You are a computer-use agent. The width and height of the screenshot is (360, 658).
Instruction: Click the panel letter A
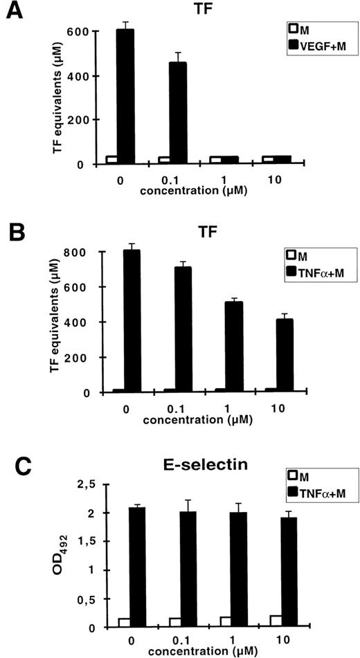(15, 12)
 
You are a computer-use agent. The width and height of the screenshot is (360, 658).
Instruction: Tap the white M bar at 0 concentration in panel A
(111, 160)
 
